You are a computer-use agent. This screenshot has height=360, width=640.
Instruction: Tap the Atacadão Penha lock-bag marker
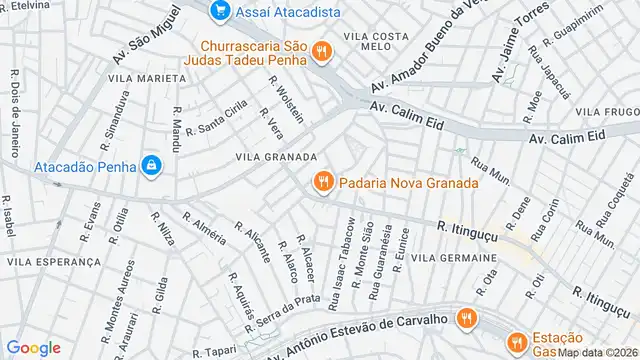click(x=151, y=165)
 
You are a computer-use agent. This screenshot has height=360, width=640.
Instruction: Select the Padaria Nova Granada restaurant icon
click(x=322, y=182)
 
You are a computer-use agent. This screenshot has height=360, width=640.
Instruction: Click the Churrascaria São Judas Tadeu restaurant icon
click(x=321, y=50)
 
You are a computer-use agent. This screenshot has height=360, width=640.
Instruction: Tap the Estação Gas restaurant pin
click(x=515, y=341)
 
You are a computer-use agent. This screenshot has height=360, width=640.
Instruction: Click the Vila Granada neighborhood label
click(x=277, y=157)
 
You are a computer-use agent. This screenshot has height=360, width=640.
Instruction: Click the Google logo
click(x=34, y=347)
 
